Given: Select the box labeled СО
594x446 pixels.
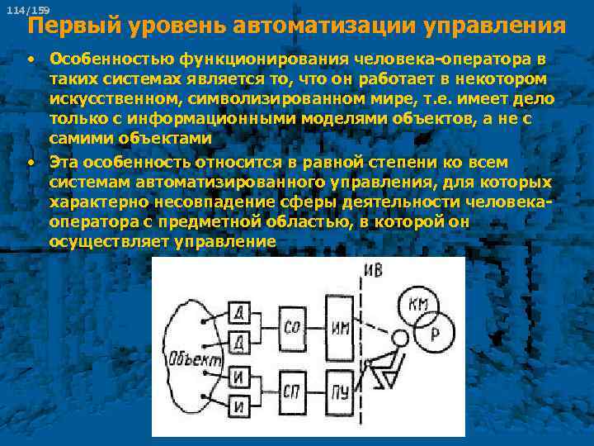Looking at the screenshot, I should point(292,327).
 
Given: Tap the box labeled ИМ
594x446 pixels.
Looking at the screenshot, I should point(340,327).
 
